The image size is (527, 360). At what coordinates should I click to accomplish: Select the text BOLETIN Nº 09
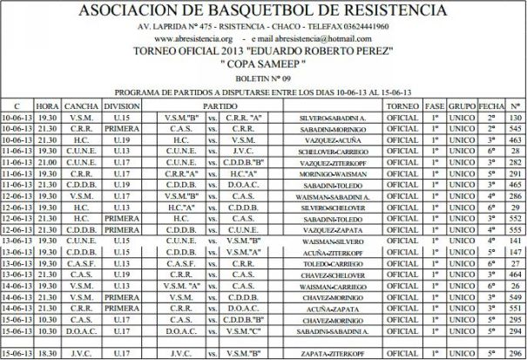263,77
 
